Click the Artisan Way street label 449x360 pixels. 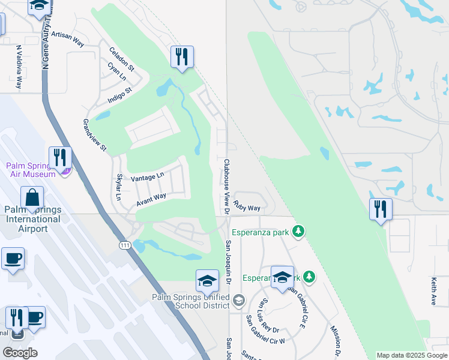(x=67, y=38)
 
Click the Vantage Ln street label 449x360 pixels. (x=147, y=176)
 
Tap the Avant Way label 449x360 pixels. (x=151, y=199)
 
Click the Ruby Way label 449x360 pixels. (x=247, y=208)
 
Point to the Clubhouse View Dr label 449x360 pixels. (x=227, y=186)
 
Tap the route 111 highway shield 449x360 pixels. (x=125, y=245)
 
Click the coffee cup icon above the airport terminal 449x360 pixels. (x=13, y=259)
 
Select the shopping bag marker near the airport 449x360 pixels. (x=32, y=197)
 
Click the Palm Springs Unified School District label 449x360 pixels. (x=191, y=301)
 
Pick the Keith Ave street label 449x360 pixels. (x=433, y=291)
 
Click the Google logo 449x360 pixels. (x=20, y=353)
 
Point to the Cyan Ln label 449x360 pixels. (x=117, y=74)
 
